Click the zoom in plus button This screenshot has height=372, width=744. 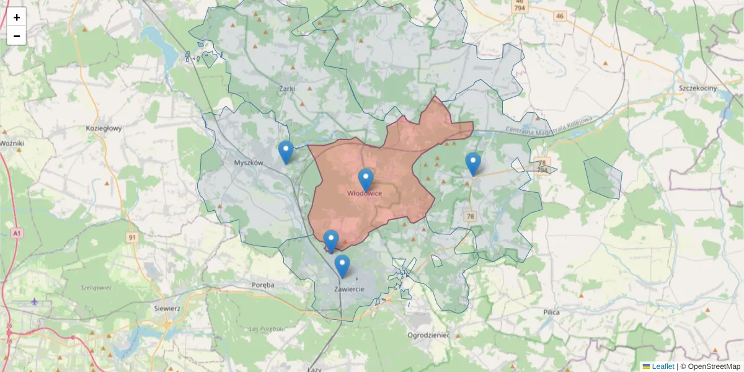click(17, 17)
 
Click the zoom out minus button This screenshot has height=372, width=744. click(17, 36)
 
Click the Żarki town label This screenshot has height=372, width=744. click(286, 89)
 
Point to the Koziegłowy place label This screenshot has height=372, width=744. click(104, 129)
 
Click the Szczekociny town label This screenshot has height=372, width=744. click(697, 89)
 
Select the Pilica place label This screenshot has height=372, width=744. click(551, 312)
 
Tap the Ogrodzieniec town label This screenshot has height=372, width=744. click(428, 335)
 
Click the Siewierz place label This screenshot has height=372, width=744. click(167, 308)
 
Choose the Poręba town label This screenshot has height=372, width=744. click(263, 285)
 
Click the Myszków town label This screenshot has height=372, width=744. click(249, 163)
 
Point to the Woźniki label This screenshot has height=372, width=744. click(11, 143)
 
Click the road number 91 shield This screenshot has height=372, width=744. click(132, 237)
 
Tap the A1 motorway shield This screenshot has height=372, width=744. click(16, 234)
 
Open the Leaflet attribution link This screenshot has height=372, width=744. click(662, 366)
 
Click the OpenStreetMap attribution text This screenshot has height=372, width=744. click(710, 366)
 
